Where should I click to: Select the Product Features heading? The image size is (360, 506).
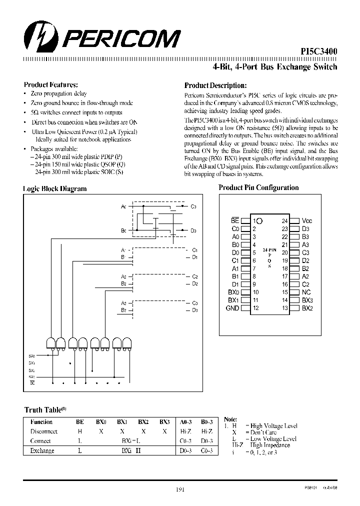pos(50,84)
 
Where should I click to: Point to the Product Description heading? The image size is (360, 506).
pos(215,85)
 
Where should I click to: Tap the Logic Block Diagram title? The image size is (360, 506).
pos(54,188)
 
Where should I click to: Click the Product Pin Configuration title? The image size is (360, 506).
pos(258,187)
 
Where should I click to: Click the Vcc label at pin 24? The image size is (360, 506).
pos(307,220)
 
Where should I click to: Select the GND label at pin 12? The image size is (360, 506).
pos(232,308)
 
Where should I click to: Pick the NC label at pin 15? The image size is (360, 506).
pos(306,292)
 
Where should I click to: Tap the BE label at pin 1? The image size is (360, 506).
pos(234,220)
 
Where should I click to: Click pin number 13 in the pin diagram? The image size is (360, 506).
pos(284,308)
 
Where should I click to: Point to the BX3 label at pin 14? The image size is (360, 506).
pos(307,300)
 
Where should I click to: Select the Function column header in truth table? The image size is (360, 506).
pos(41,422)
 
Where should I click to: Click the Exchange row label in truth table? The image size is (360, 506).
pos(42,450)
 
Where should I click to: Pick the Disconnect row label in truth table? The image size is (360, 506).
pos(44,431)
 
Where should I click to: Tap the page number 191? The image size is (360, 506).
pos(180,490)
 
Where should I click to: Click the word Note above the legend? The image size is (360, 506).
pos(230,419)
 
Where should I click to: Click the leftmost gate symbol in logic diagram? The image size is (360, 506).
pos(51,343)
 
